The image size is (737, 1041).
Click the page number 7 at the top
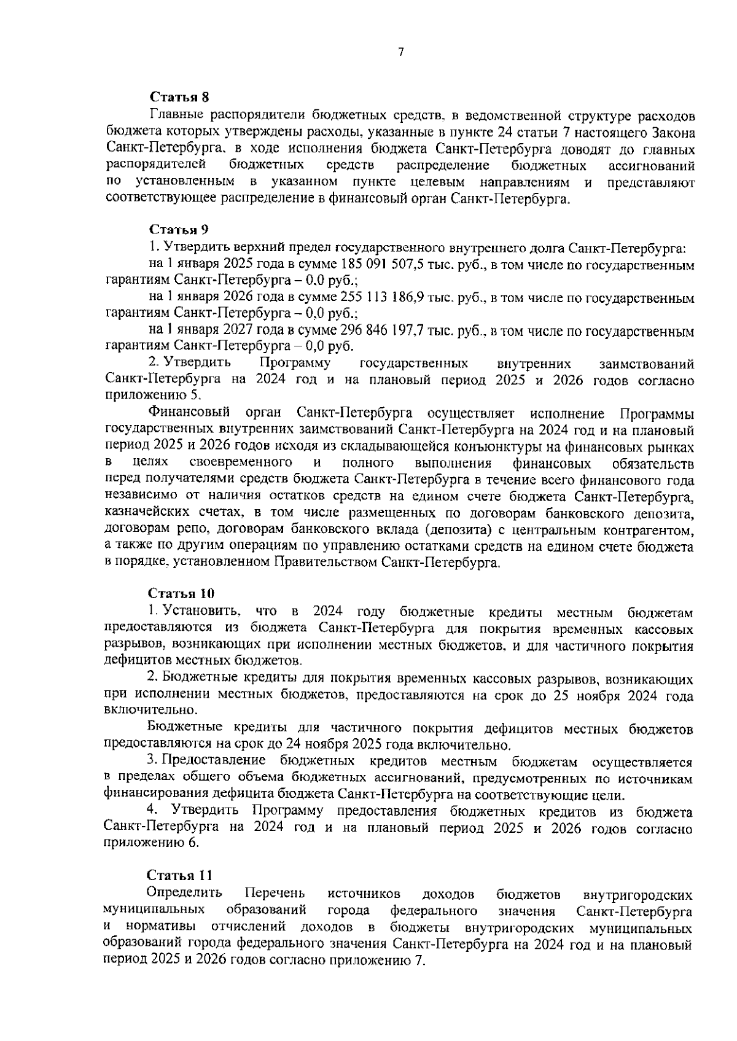tap(400, 53)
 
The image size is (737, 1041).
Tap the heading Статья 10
tap(181, 593)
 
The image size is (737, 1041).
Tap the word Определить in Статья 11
tap(185, 893)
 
